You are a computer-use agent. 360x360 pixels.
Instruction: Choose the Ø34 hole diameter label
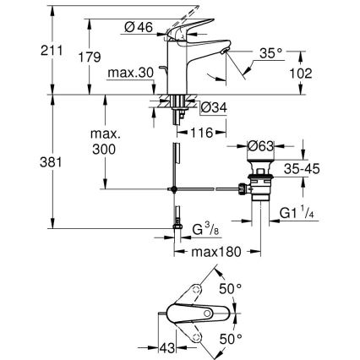[213, 107]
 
